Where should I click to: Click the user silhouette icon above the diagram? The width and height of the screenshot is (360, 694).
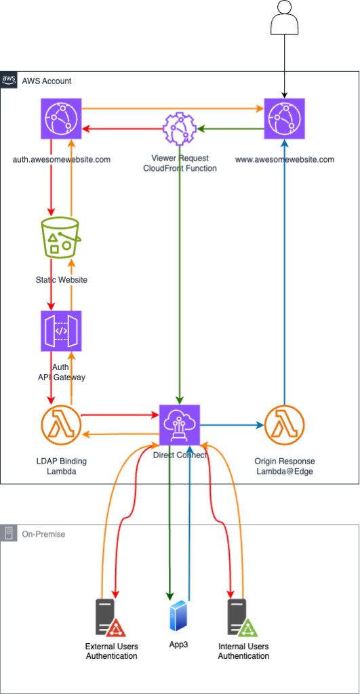point(284,17)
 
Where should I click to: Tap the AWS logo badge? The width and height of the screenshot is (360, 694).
point(9,80)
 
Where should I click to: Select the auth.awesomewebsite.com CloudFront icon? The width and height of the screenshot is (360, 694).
point(61,119)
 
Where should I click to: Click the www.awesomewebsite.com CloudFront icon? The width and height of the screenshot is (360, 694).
point(284,119)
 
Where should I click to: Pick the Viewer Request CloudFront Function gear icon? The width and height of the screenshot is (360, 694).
point(180,129)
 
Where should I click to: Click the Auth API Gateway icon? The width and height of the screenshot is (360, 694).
point(61,331)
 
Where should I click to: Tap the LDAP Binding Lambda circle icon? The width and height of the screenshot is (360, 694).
point(61,425)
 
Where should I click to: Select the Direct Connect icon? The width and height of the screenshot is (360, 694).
point(180,425)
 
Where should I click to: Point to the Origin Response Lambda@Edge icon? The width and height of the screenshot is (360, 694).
point(284,425)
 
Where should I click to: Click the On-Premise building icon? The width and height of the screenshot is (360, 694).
point(9,533)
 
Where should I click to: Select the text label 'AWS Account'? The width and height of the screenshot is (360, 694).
point(47,81)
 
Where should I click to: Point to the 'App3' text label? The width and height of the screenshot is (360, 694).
point(179,645)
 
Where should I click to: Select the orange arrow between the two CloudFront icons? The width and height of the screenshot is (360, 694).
point(173,108)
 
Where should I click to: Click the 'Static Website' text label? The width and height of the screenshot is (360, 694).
point(61,280)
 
